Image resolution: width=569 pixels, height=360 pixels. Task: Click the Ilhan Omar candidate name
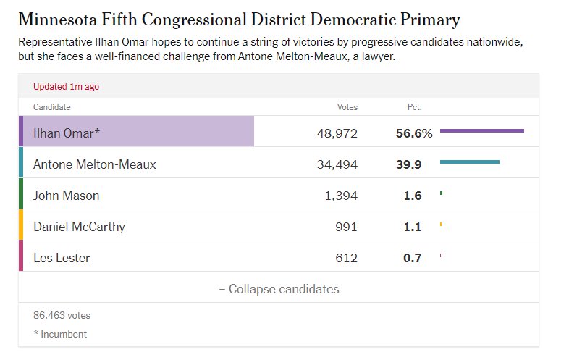coord(67,133)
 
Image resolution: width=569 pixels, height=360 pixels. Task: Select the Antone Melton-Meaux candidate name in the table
coord(95,164)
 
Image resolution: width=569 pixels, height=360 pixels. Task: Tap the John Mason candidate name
coord(67,196)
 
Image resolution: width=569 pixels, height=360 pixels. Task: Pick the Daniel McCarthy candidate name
coord(79,227)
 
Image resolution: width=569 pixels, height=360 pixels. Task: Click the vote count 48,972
coord(337,133)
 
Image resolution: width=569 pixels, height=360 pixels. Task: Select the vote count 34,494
coord(337,164)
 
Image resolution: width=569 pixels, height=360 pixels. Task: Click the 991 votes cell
coord(345,227)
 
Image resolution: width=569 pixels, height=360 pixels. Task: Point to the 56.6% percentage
coord(413,133)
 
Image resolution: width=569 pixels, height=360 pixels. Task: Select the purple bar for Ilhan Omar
coord(481,130)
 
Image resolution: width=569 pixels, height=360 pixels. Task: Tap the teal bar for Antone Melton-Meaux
coord(469,162)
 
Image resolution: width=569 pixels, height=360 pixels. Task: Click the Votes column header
coord(347,107)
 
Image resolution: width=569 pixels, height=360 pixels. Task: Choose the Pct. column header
coord(414,107)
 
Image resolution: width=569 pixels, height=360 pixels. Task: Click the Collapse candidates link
coord(279,289)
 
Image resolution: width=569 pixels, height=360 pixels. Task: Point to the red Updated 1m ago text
coord(66,86)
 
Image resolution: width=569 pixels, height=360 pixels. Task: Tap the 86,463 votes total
coord(62,315)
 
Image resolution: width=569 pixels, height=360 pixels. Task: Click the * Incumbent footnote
coord(60,334)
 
